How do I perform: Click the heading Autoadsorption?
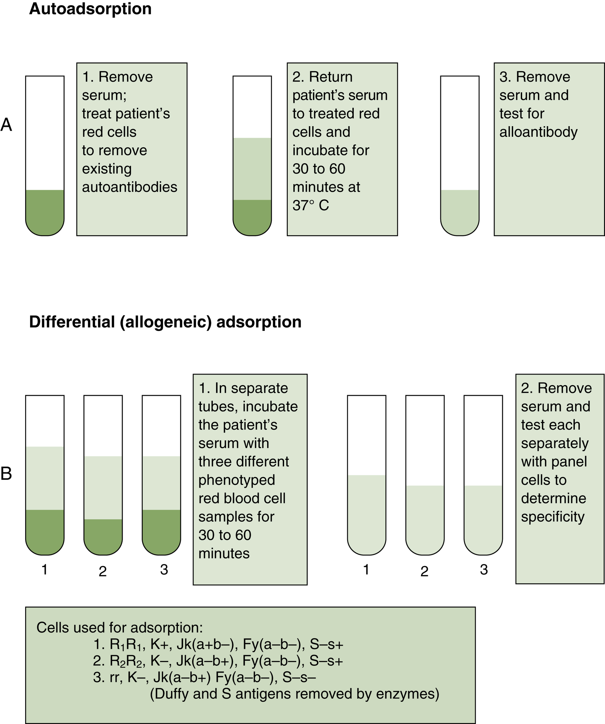click(90, 9)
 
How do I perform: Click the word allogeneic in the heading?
click(166, 322)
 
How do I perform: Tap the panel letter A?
click(6, 125)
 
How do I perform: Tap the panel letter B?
click(6, 474)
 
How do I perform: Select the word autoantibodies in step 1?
click(129, 187)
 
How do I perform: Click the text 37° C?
click(311, 205)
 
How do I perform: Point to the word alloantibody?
click(538, 132)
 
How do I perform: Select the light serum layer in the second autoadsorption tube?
click(252, 169)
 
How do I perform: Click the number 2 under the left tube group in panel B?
click(102, 572)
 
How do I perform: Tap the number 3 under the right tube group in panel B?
click(484, 570)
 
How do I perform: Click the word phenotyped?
click(237, 480)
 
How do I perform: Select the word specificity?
click(553, 517)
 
